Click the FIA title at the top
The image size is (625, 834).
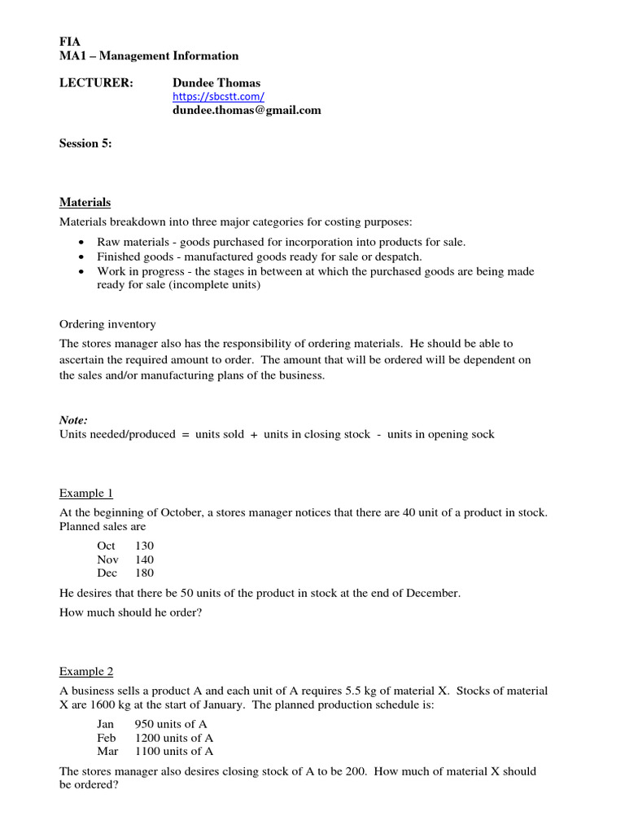[70, 42]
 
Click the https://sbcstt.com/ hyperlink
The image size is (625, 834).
[217, 96]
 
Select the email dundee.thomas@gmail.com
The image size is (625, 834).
[246, 110]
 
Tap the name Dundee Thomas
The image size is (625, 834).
[217, 82]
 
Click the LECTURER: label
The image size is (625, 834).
[96, 82]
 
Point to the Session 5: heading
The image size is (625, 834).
[85, 143]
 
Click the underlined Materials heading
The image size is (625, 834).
[85, 202]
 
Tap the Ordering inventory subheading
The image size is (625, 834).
[107, 324]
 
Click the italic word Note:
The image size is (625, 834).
[73, 420]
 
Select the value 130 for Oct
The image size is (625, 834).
[145, 545]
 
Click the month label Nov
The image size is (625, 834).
[107, 560]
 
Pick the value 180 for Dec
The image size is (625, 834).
[145, 573]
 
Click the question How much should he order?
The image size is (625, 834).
[130, 612]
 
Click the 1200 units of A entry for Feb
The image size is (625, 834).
[174, 737]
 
